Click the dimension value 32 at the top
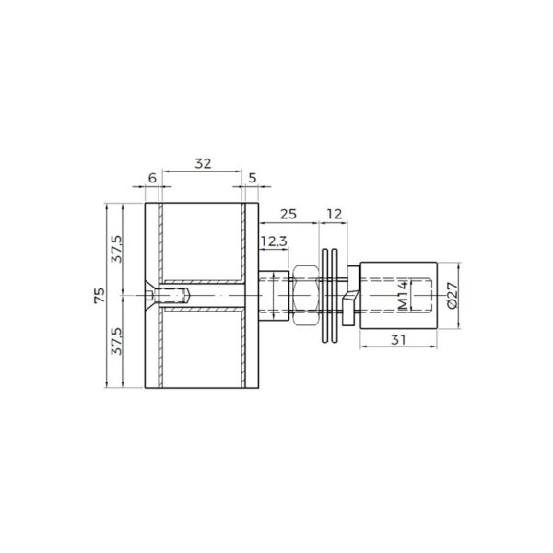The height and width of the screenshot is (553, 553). [x=204, y=163]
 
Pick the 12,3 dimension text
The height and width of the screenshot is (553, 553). [x=272, y=241]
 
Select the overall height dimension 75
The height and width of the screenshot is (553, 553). [x=100, y=295]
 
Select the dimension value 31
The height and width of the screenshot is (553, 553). [x=396, y=340]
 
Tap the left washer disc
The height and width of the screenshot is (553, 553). [x=325, y=295]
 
